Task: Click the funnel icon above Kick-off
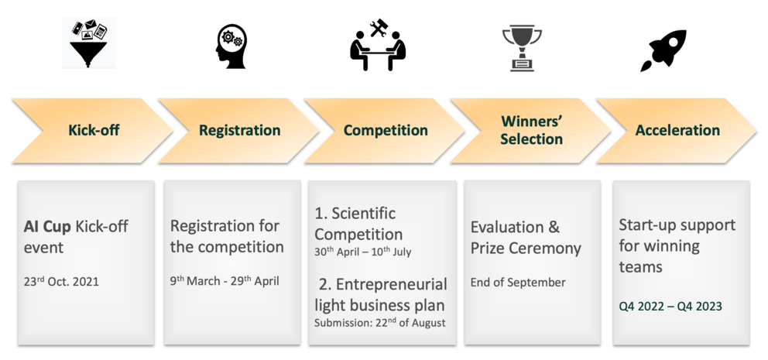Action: point(89,43)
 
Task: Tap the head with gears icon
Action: point(231,46)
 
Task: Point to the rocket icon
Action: point(663,50)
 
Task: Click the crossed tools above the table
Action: point(379,28)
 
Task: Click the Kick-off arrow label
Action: point(94,130)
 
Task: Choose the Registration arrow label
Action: point(239,130)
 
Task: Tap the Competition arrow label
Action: point(386,130)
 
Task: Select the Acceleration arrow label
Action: point(677,130)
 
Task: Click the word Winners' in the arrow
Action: point(531,122)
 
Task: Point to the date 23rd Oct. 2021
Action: point(61,281)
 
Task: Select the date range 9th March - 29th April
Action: point(225,281)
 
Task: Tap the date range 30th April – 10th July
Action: point(363,252)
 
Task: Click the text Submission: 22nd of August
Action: point(380,323)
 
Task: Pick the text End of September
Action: point(518,283)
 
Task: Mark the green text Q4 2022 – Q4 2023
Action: point(670,307)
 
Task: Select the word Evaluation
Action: point(507,228)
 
